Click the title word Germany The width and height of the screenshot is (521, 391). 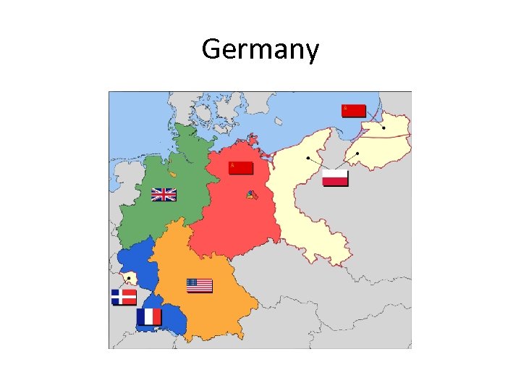click(260, 50)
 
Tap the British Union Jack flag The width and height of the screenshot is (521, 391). click(164, 194)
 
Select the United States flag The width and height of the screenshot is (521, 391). click(200, 286)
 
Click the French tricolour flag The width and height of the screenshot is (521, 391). click(149, 316)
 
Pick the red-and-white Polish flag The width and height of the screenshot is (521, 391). click(335, 177)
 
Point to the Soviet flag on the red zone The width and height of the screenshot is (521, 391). click(241, 168)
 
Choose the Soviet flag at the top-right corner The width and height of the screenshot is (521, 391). click(354, 110)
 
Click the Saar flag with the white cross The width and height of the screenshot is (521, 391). click(124, 297)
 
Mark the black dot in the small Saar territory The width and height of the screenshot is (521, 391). click(130, 277)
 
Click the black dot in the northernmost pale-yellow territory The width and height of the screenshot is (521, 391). click(384, 128)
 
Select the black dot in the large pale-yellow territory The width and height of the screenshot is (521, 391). click(308, 157)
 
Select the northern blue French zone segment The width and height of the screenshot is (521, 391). click(137, 261)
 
